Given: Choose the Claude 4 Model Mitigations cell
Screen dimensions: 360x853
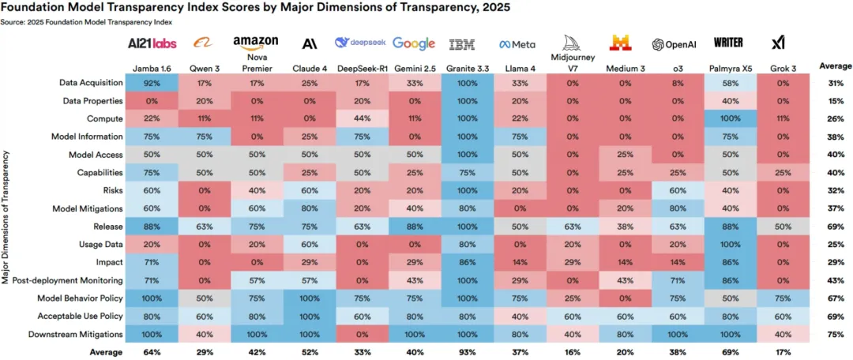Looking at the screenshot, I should (x=309, y=208).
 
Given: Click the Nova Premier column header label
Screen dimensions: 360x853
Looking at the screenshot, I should (x=257, y=62).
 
